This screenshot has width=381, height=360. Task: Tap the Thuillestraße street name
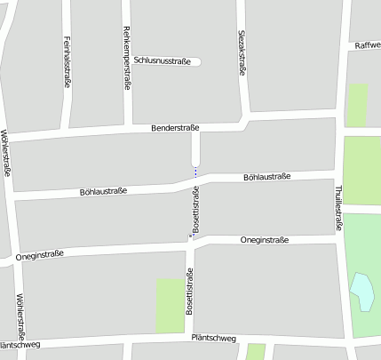pos(338,206)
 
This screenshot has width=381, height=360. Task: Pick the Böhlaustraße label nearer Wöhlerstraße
pos(104,191)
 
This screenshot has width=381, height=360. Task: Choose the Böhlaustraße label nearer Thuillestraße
pos(266,178)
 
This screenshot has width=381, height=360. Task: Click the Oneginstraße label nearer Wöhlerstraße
pos(41,257)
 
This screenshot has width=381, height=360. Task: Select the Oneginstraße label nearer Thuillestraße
pos(265,240)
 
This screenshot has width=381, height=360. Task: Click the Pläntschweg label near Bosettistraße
pos(213,338)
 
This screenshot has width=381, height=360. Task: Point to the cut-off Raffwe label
pos(367,44)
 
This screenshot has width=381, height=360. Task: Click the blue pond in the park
pos(362,292)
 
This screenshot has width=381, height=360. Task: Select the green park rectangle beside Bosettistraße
pos(170,306)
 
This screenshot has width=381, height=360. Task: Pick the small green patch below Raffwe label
pos(357,104)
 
